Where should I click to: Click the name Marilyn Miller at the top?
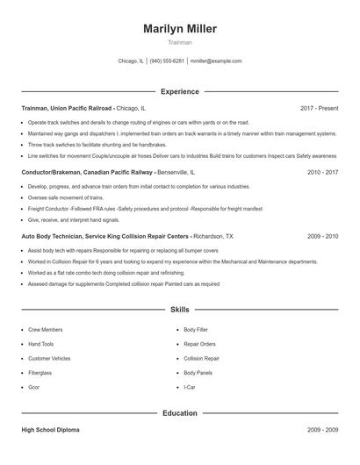(x=180, y=29)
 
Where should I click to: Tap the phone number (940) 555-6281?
(x=167, y=61)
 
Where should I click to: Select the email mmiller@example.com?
(x=216, y=61)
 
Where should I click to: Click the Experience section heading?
(x=180, y=91)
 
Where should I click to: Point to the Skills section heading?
(x=180, y=310)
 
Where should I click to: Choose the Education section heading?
(x=180, y=412)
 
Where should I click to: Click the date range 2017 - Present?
(x=319, y=108)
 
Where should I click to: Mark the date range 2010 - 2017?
(x=322, y=173)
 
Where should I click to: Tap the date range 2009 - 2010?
(x=322, y=236)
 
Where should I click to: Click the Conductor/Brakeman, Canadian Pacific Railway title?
(x=88, y=173)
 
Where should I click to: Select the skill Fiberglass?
(x=40, y=372)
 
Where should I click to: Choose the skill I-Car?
(x=189, y=387)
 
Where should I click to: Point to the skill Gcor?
(x=34, y=387)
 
